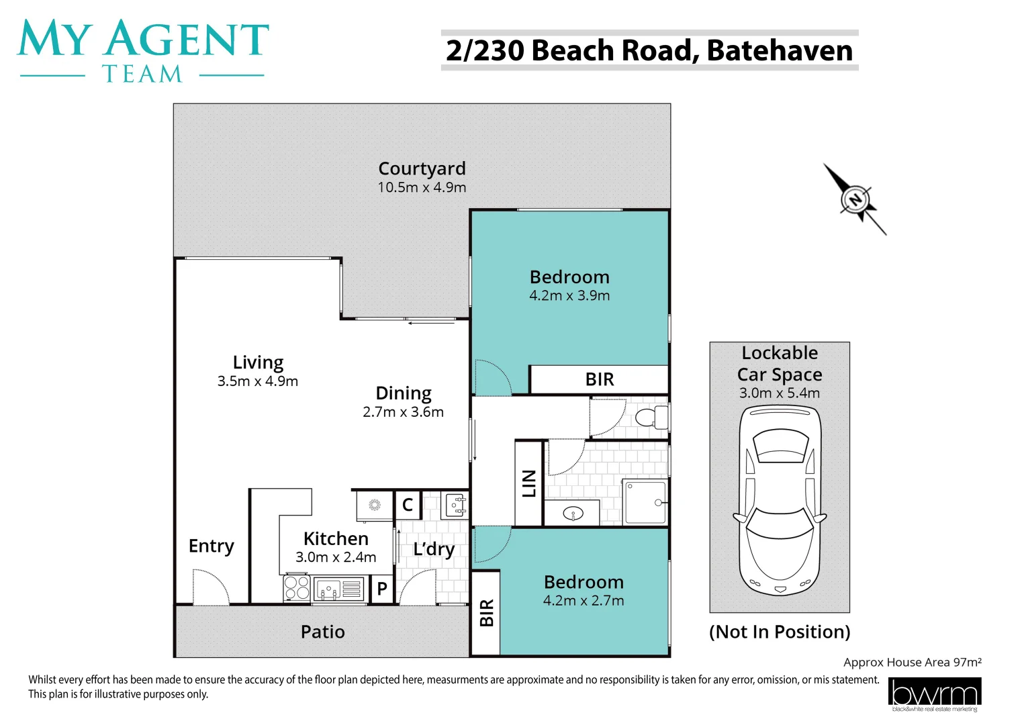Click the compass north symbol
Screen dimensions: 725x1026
click(855, 199)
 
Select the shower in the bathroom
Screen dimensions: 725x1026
click(645, 502)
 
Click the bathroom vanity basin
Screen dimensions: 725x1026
click(573, 514)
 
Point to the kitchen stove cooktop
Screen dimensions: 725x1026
click(296, 588)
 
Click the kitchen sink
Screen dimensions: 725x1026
click(329, 589)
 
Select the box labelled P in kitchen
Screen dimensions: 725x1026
click(382, 589)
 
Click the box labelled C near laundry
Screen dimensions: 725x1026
click(408, 504)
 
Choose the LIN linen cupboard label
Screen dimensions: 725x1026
click(529, 483)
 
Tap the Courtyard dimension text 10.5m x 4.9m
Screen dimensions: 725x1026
click(422, 188)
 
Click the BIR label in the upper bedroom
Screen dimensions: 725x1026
click(600, 379)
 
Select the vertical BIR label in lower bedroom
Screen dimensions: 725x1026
click(486, 613)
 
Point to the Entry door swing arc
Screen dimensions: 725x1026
click(212, 587)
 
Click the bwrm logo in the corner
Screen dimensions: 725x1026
click(934, 693)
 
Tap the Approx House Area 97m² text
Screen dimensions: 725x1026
click(913, 663)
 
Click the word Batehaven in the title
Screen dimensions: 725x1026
click(780, 51)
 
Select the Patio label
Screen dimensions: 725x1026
click(322, 632)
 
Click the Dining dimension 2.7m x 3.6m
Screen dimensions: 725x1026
click(403, 412)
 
